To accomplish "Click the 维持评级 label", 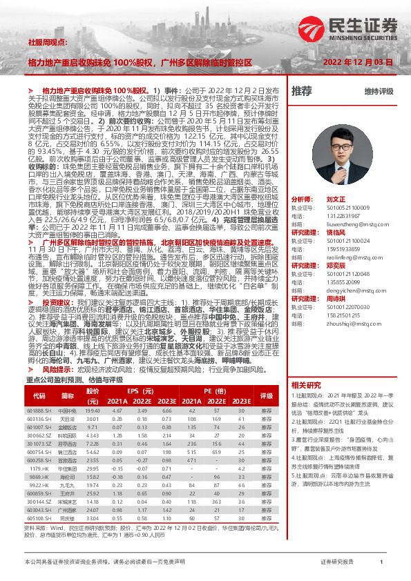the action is pos(379,91).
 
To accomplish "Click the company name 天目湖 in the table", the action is pos(67,419).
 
